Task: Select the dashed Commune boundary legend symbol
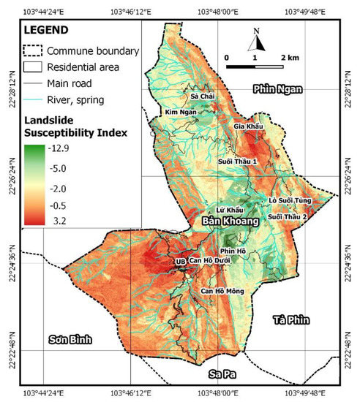[34, 51]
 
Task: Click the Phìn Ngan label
[277, 88]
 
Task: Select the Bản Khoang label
[230, 220]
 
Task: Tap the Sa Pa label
[223, 373]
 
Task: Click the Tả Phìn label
[292, 320]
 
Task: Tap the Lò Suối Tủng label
[290, 200]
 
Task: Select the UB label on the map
[179, 261]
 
